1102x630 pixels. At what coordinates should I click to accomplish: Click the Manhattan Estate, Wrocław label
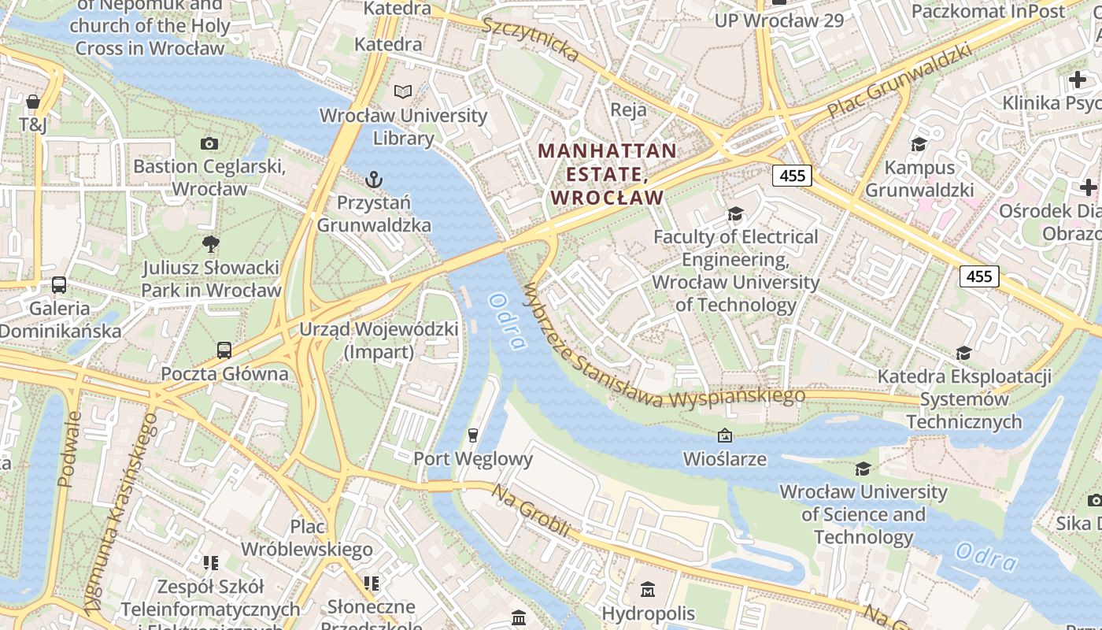[x=608, y=173]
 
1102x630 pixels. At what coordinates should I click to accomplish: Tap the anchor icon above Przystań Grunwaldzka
[x=374, y=180]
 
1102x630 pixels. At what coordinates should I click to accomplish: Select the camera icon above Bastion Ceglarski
[x=209, y=143]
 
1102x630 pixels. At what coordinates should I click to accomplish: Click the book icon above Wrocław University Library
[x=403, y=92]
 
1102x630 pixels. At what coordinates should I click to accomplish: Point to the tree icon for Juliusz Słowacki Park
[x=210, y=244]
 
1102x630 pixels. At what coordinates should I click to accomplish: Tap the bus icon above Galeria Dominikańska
[x=59, y=285]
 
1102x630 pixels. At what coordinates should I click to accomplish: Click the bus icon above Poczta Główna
[x=224, y=350]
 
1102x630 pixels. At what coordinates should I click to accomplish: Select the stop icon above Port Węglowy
[x=473, y=435]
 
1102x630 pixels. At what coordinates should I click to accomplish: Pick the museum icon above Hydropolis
[x=648, y=589]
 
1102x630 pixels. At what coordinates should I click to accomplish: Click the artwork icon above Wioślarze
[x=725, y=435]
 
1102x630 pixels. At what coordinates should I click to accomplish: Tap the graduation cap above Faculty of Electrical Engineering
[x=736, y=214]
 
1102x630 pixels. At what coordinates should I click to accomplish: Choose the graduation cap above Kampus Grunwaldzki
[x=919, y=144]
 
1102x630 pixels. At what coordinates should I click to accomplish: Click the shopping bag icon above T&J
[x=33, y=102]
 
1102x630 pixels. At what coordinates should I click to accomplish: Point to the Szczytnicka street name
[x=531, y=37]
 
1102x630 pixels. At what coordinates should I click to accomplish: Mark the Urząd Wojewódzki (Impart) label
[x=379, y=340]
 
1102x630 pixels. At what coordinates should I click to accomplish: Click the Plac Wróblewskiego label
[x=307, y=537]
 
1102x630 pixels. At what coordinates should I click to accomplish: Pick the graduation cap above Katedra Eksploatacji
[x=963, y=354]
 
